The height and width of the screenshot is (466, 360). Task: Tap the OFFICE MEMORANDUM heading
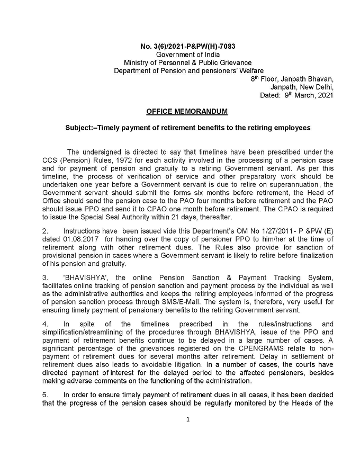point(187,111)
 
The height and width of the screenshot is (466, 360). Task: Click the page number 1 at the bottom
point(187,420)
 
